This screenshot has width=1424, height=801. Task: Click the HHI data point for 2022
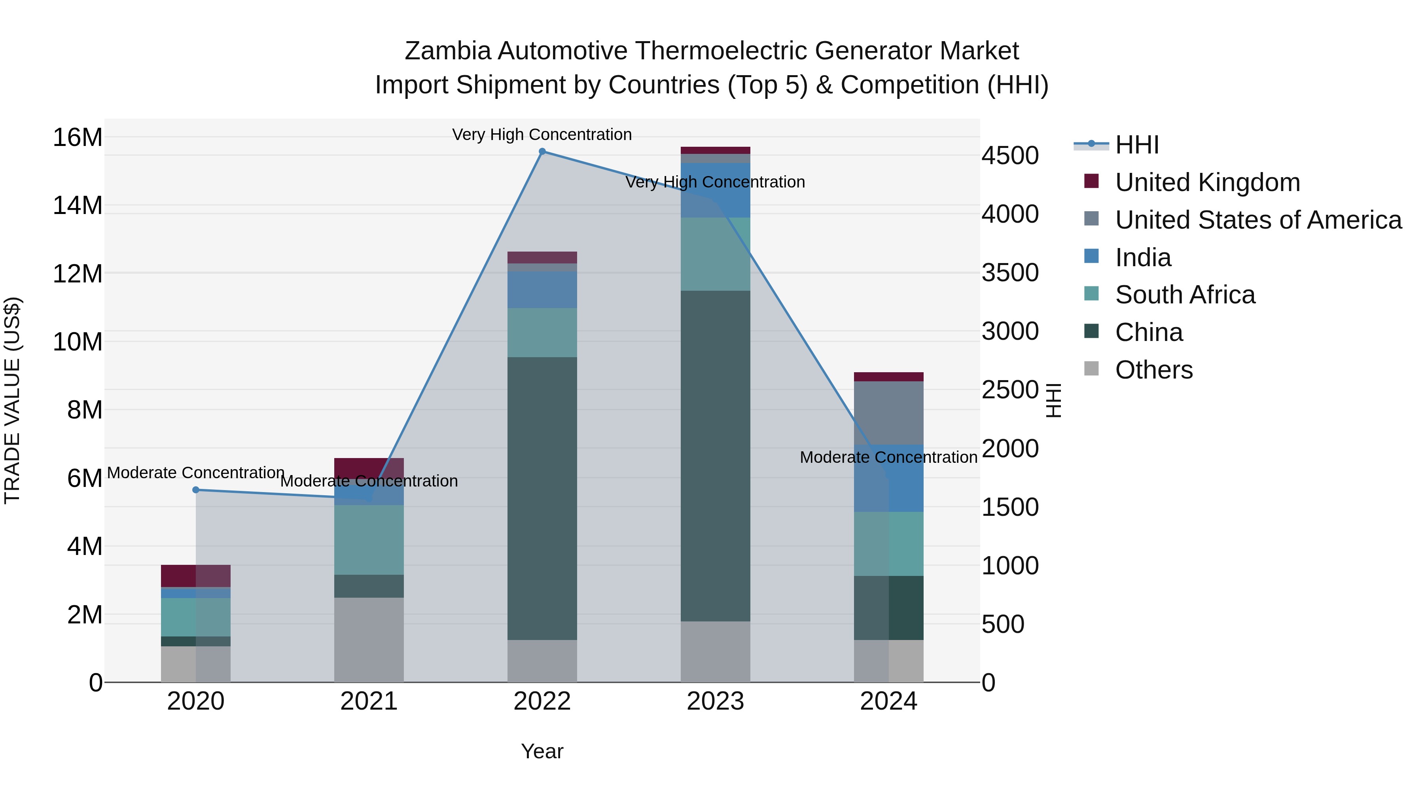coord(542,151)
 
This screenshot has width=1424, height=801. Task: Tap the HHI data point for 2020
coord(196,490)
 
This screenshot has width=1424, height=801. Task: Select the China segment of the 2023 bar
coord(715,456)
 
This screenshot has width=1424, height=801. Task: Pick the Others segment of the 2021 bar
coord(369,640)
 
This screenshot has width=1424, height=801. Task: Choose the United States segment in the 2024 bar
coord(888,413)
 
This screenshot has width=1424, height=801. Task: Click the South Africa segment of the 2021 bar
coord(369,540)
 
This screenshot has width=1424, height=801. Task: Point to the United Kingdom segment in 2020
coord(196,576)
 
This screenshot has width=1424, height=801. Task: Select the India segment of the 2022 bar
coord(542,290)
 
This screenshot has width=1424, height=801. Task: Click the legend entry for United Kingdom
coord(1207,182)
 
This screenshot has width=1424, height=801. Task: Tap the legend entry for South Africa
coord(1185,295)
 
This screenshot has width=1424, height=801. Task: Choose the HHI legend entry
coord(1136,145)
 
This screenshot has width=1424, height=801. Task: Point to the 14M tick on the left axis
coord(78,206)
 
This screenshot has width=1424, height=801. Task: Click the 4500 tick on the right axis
coord(1010,155)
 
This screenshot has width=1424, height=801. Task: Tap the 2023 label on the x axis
coord(715,701)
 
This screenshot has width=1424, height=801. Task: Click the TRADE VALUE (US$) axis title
coord(12,400)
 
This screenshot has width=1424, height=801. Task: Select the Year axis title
coord(542,751)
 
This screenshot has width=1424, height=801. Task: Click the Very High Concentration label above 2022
coord(542,134)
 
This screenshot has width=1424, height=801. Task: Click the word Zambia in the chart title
coord(447,51)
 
